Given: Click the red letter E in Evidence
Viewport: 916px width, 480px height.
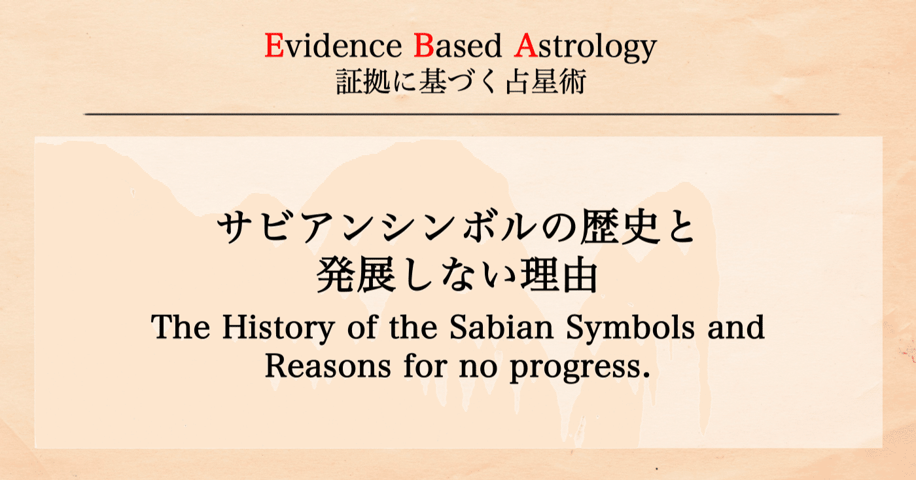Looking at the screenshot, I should pyautogui.click(x=273, y=47).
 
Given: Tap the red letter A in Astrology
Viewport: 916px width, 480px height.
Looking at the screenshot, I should pyautogui.click(x=525, y=47).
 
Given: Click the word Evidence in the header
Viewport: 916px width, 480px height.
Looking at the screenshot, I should pyautogui.click(x=335, y=47).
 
